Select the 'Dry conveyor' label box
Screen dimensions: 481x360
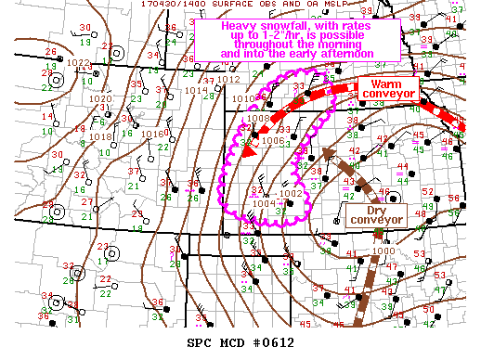[375, 214]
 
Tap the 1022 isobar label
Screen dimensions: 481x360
[80, 63]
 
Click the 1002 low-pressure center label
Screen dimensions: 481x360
[290, 193]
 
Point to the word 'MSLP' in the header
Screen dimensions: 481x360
[321, 5]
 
